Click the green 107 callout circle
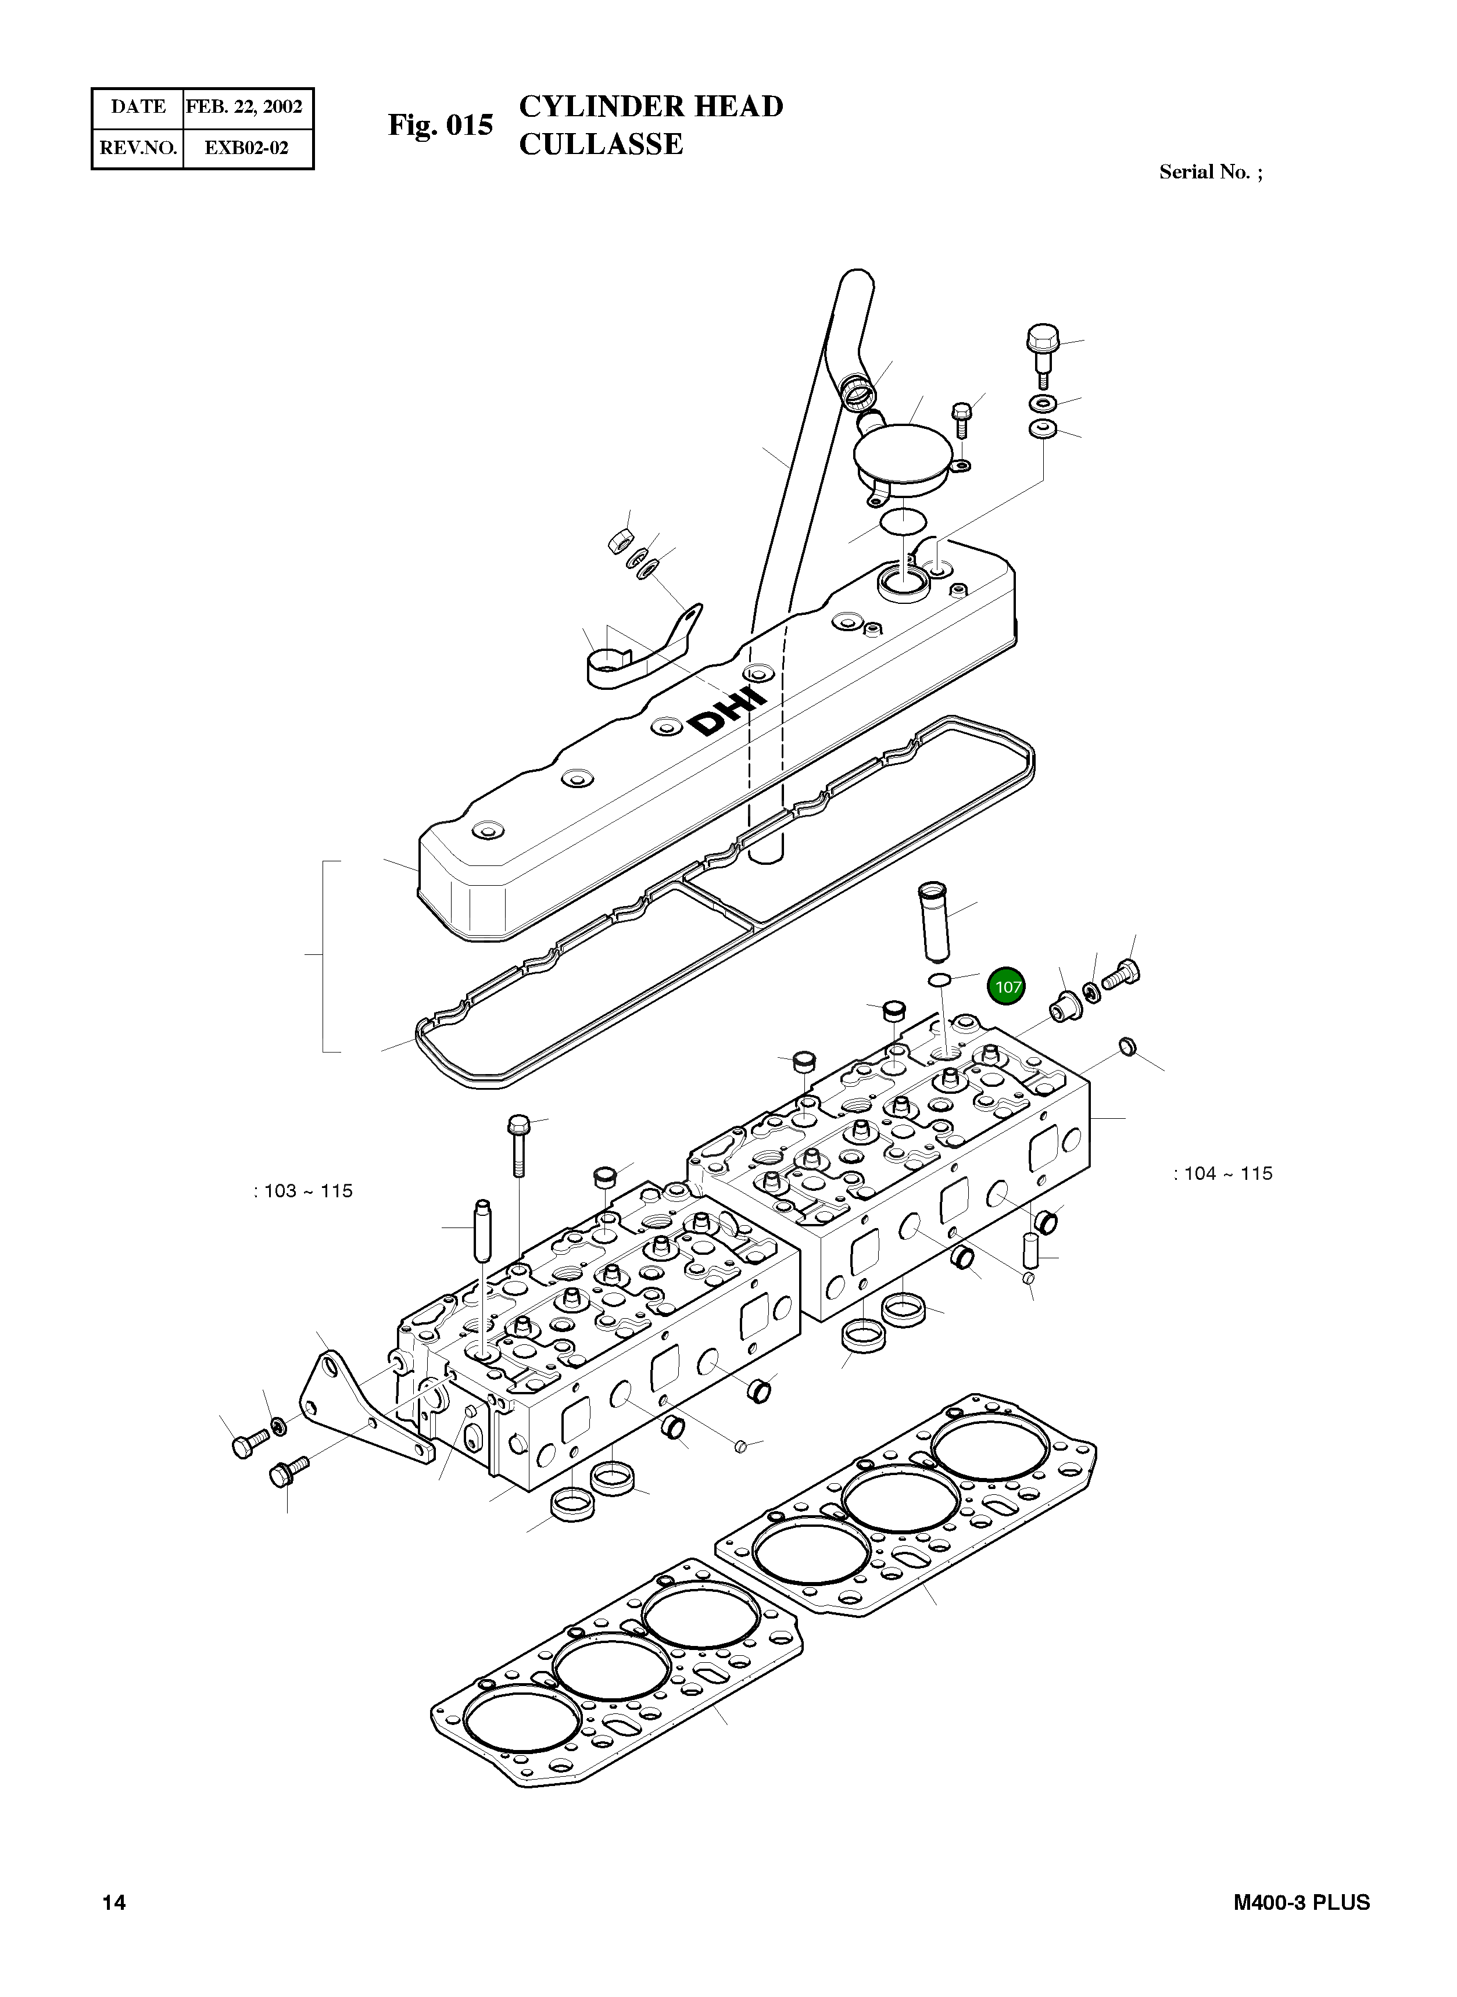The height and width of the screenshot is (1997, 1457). coord(1007,987)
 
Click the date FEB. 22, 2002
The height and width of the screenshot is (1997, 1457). coord(244,107)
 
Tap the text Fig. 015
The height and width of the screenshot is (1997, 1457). coord(440,126)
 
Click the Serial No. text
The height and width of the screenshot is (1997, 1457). coord(1210,172)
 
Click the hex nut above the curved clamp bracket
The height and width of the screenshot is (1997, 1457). coord(619,542)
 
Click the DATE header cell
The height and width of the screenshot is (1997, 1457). coord(138,107)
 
